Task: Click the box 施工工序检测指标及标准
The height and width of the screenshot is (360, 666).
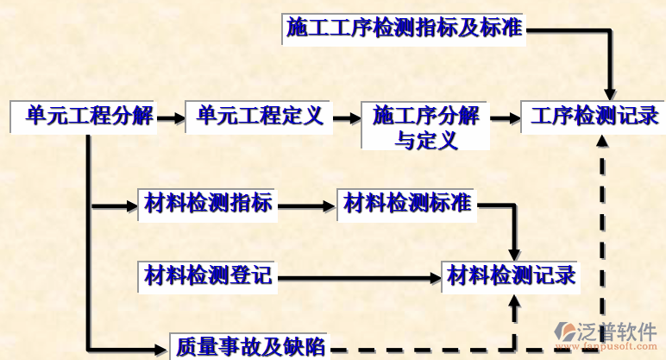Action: pos(404,28)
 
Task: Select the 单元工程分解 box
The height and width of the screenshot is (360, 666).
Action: pos(84,116)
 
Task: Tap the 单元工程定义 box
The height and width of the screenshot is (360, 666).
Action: pos(259,116)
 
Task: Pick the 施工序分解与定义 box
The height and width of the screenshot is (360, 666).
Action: pos(425,126)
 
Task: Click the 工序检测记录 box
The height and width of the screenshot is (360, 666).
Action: pos(594,116)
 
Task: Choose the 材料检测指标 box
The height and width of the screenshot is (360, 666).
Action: pos(208,204)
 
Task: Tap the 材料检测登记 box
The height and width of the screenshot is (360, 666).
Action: pos(208,276)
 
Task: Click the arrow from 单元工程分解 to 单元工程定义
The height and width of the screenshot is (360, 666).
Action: pos(171,116)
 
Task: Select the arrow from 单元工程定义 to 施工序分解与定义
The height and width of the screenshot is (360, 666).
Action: pos(346,116)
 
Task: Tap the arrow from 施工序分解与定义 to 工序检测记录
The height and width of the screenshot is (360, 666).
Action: pos(505,116)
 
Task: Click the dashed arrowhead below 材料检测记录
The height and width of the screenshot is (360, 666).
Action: pos(515,301)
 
